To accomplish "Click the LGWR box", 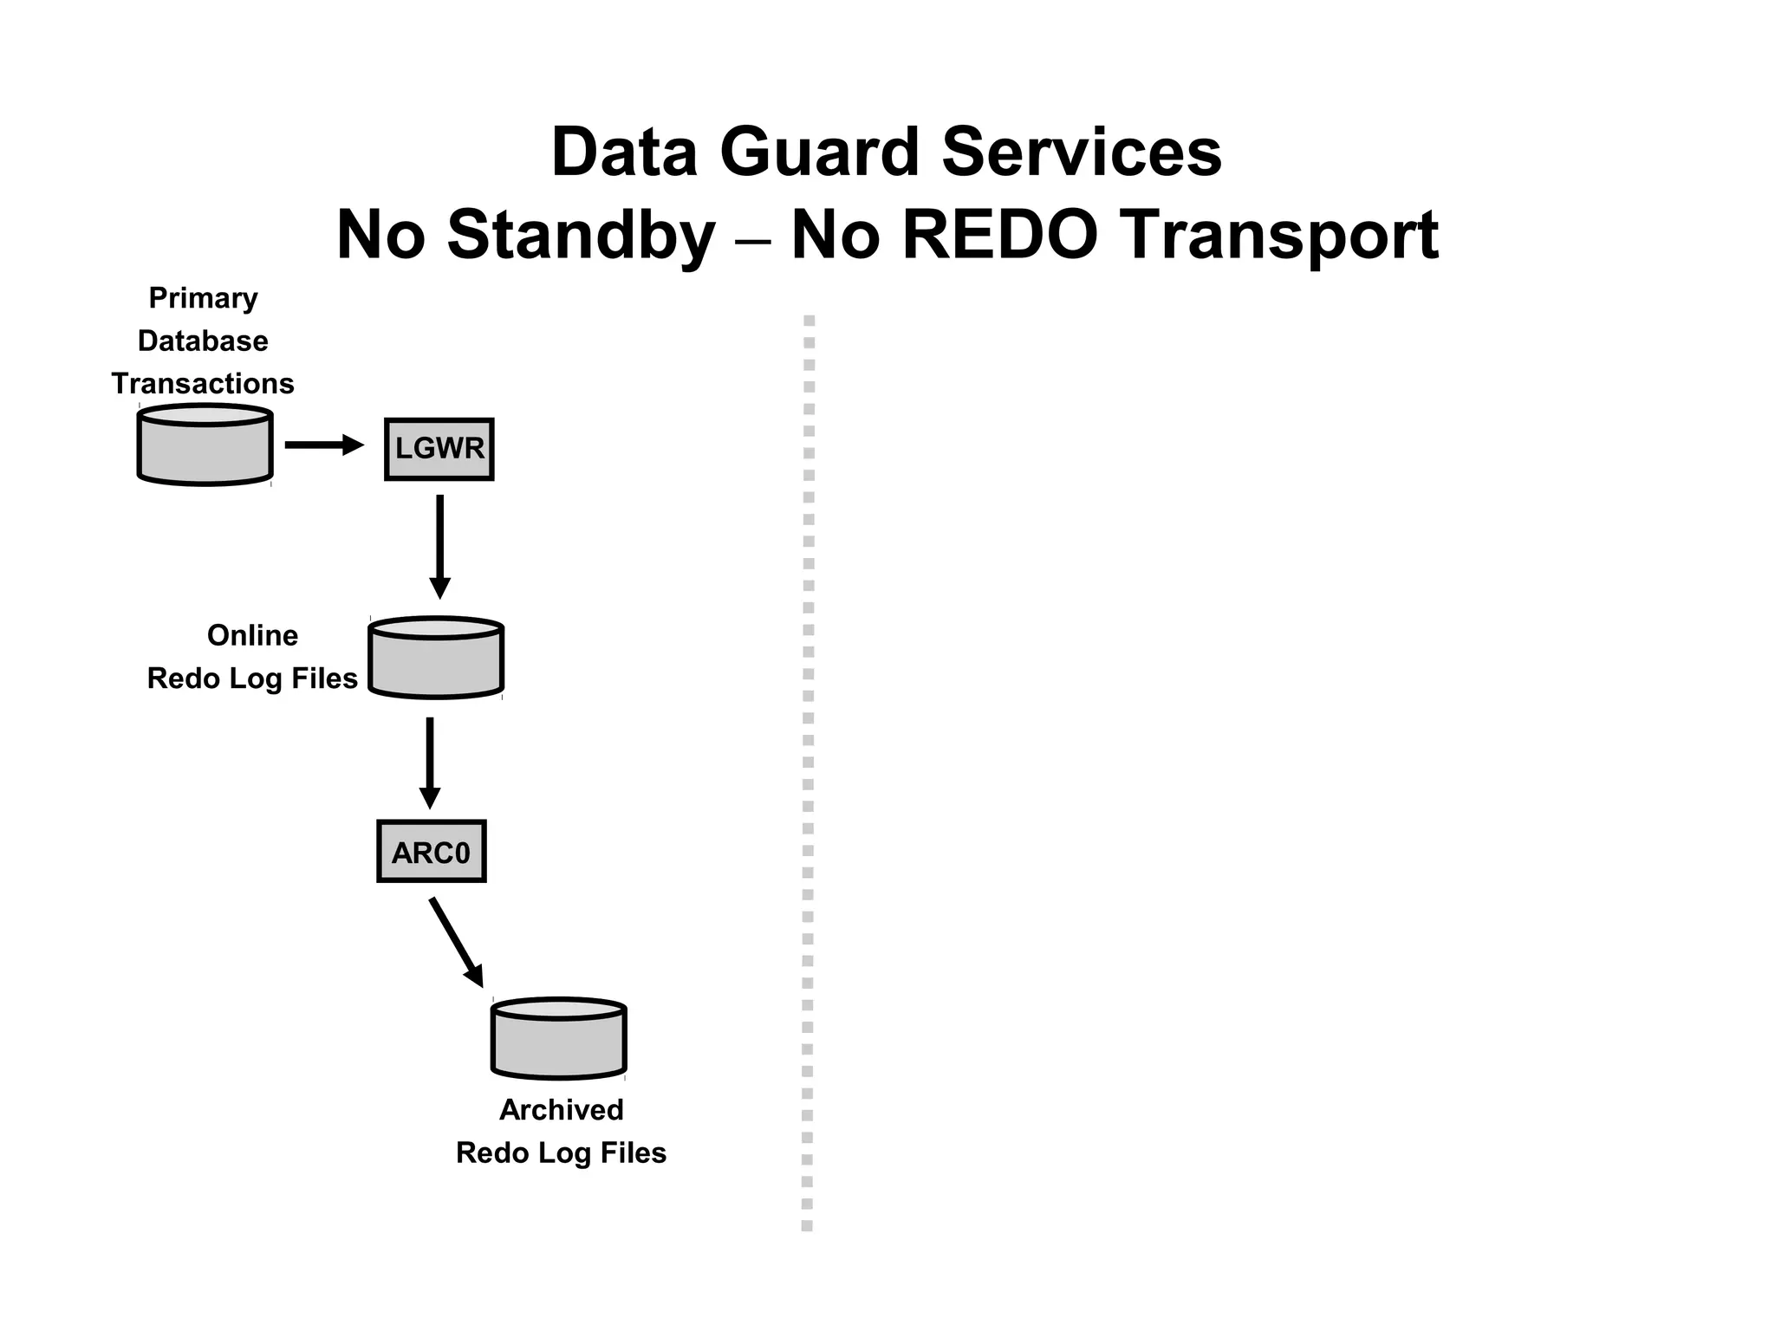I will click(439, 449).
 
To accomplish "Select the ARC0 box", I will click(432, 852).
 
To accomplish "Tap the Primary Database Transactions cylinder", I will click(205, 445).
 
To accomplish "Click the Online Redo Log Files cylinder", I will click(436, 659).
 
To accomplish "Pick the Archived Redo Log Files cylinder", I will click(559, 1040).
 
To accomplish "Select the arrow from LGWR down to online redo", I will click(440, 546).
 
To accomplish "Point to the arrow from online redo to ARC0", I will click(430, 763).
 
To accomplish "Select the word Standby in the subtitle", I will click(581, 236).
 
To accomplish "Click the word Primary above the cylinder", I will click(204, 298).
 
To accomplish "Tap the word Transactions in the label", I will click(203, 384).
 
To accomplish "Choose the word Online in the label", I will click(252, 636).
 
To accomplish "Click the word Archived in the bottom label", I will click(561, 1110).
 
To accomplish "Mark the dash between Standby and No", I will click(753, 238).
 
